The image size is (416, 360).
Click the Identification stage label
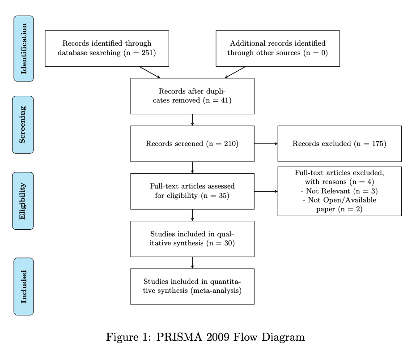[x=24, y=48]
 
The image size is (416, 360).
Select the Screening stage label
[x=23, y=124]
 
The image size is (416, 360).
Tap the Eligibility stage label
[x=23, y=201]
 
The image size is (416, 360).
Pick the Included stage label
[x=24, y=287]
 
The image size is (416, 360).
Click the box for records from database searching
[x=107, y=48]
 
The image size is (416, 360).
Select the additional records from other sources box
[x=277, y=48]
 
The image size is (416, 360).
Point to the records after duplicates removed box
[x=192, y=96]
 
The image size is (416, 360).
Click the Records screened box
[x=192, y=144]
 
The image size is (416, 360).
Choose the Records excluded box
[x=339, y=144]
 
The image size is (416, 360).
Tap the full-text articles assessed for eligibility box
[x=192, y=191]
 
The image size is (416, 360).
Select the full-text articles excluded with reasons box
[x=339, y=191]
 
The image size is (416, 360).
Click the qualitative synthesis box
[x=192, y=239]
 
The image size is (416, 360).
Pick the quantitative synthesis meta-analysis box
[x=192, y=287]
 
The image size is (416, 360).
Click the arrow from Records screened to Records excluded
[x=266, y=144]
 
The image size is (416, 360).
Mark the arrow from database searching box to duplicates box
[x=149, y=72]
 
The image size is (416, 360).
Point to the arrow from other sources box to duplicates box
[x=235, y=72]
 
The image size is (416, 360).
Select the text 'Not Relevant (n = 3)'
[x=339, y=191]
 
